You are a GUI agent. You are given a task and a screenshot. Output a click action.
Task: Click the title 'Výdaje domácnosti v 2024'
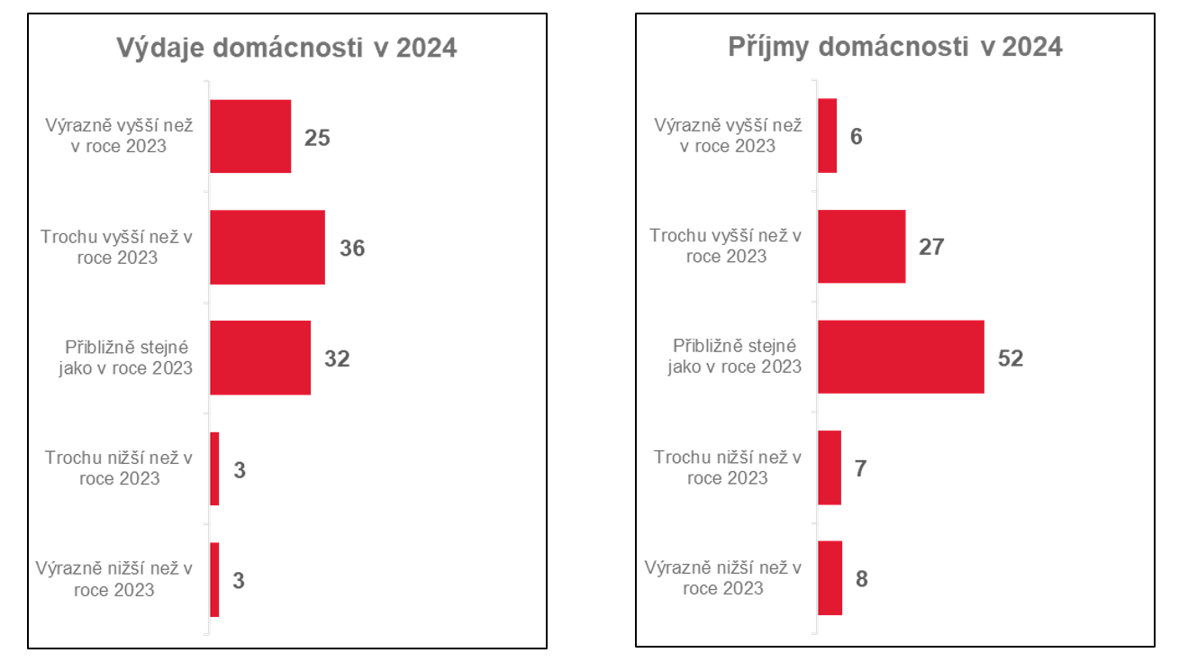(x=286, y=48)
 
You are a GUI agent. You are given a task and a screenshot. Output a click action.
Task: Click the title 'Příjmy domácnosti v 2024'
(x=895, y=47)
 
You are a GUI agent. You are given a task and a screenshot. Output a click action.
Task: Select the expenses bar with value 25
(x=250, y=136)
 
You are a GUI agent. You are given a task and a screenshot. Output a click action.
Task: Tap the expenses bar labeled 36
(x=268, y=247)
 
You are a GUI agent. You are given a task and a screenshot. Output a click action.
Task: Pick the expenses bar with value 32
(x=260, y=358)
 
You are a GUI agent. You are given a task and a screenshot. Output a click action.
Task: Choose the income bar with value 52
(x=901, y=357)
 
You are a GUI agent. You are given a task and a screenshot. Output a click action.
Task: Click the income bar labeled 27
(x=861, y=246)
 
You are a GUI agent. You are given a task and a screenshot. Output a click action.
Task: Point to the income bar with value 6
(x=827, y=135)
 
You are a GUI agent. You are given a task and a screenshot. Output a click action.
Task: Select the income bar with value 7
(x=829, y=467)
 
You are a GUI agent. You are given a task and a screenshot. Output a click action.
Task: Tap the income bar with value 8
(x=830, y=577)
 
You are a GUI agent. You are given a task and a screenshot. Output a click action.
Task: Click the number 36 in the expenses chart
(x=352, y=248)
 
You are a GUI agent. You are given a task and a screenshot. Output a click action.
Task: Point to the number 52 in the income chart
(x=1011, y=358)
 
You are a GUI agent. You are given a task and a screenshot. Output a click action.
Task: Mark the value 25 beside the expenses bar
(x=317, y=138)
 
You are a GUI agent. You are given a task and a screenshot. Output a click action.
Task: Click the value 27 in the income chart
(x=930, y=247)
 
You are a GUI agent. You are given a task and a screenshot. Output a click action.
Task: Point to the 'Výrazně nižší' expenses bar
(x=214, y=579)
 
